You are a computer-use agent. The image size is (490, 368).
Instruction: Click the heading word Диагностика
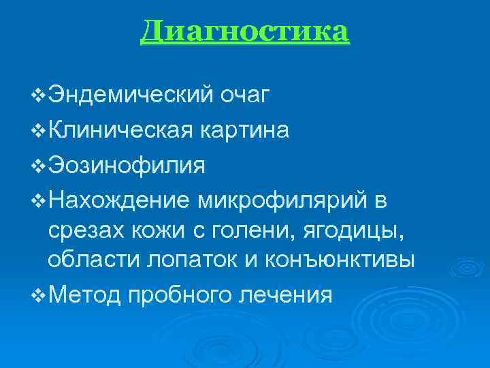pos(245,31)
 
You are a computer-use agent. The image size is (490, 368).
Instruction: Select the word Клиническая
pos(120,129)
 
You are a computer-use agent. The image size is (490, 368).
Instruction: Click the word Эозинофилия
pos(126,164)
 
